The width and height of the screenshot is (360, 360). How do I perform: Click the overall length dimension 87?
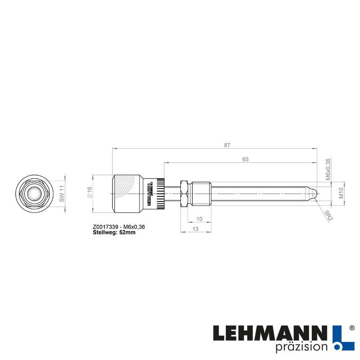pyautogui.click(x=227, y=145)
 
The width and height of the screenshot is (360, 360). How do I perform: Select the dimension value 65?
pyautogui.click(x=245, y=159)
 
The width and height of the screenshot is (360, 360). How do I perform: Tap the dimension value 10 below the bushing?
pyautogui.click(x=200, y=218)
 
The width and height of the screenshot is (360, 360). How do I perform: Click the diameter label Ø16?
pyautogui.click(x=89, y=193)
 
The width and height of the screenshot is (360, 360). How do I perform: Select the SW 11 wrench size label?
pyautogui.click(x=63, y=194)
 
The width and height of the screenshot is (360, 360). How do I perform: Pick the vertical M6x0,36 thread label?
pyautogui.click(x=328, y=170)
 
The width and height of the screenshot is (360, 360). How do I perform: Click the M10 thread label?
pyautogui.click(x=341, y=193)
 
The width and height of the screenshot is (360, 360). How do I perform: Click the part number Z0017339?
pyautogui.click(x=107, y=227)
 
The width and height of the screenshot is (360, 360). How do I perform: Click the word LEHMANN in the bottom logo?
pyautogui.click(x=270, y=333)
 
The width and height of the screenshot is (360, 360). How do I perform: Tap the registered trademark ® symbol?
pyautogui.click(x=352, y=329)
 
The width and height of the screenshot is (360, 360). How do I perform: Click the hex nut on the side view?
pyautogui.click(x=184, y=193)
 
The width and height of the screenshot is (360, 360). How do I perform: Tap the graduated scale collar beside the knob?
pyautogui.click(x=161, y=193)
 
